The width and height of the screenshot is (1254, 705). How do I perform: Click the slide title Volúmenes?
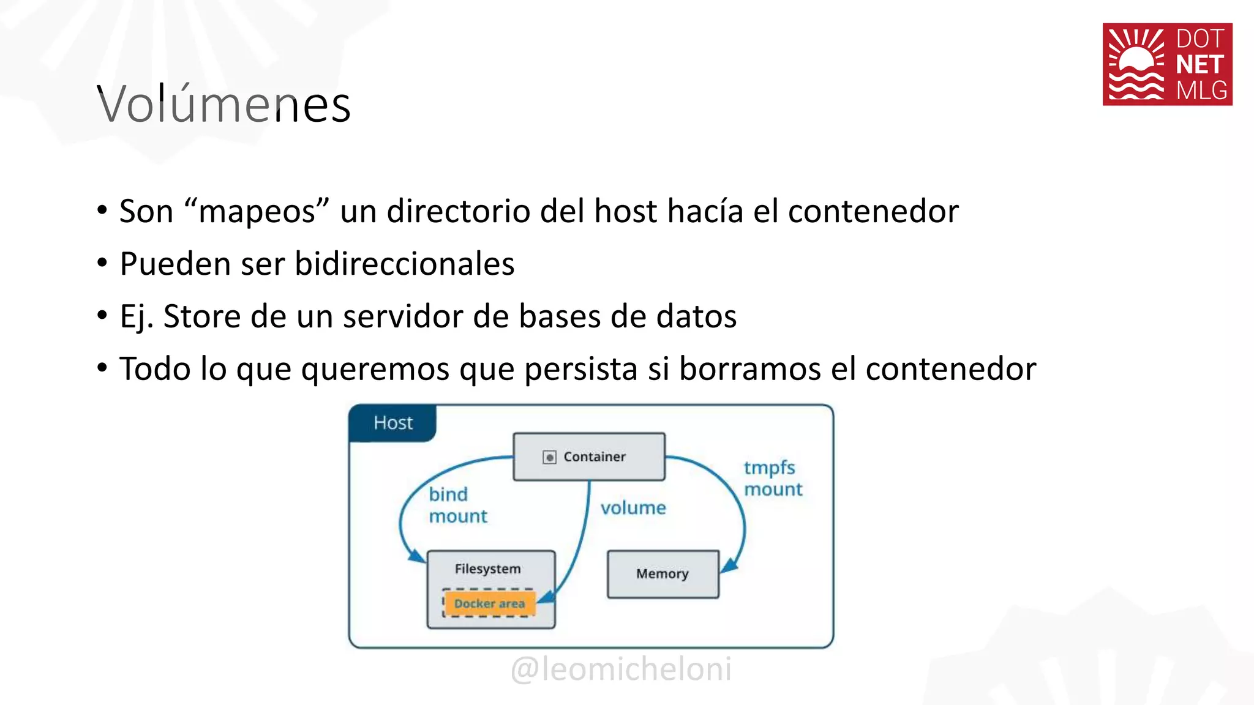tap(224, 105)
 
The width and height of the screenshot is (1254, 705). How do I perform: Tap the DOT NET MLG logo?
tap(1167, 64)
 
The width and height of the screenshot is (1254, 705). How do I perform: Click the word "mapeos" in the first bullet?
tap(257, 211)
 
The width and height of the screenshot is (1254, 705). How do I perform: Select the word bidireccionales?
tap(404, 264)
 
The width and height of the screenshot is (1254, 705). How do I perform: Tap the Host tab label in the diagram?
tap(393, 423)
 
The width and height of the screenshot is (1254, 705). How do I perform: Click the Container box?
tap(589, 457)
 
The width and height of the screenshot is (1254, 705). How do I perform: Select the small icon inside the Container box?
tap(549, 457)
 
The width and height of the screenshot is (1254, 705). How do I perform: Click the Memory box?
tap(663, 574)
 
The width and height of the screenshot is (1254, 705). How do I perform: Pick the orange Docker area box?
tap(489, 603)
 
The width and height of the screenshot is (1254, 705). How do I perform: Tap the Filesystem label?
tap(487, 569)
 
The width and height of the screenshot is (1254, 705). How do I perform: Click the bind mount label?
tap(457, 505)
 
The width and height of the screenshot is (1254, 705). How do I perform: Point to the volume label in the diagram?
tap(633, 508)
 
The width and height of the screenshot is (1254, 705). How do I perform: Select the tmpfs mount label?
tap(773, 478)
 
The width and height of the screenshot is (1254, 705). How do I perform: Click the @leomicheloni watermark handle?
tap(621, 668)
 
